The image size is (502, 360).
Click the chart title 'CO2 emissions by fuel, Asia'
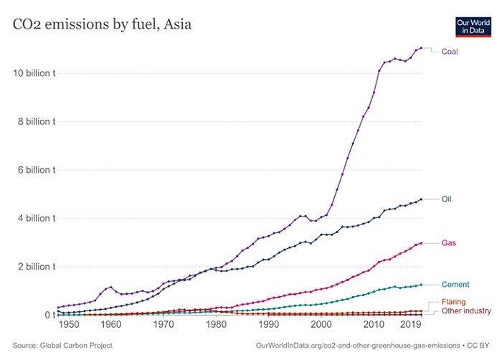(101, 25)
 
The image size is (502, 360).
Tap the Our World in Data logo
(472, 27)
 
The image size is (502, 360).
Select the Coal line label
(450, 52)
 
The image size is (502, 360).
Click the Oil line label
(446, 199)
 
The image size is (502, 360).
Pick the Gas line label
(449, 244)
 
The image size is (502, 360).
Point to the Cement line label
(455, 285)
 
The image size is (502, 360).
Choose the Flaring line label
(455, 302)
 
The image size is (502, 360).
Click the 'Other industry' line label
(466, 311)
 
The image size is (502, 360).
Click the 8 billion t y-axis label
(34, 122)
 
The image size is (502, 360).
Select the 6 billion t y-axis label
(34, 170)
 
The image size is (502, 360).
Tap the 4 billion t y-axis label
(34, 218)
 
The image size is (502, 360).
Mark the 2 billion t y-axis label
(34, 267)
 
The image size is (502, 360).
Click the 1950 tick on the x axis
(69, 324)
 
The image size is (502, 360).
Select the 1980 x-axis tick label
(216, 324)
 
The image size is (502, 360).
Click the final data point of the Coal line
(421, 48)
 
